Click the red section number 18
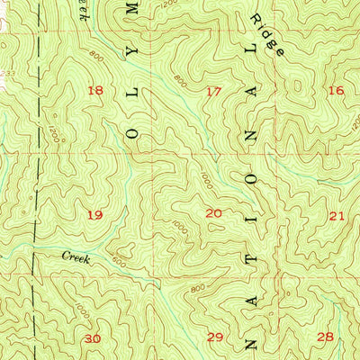coord(95,90)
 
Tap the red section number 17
coord(213,91)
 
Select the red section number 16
coord(336,90)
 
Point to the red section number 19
coord(95,215)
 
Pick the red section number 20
coord(213,213)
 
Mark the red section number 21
coord(337,216)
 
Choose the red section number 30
coord(93,338)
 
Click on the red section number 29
coord(215,337)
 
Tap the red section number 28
coord(325,336)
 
